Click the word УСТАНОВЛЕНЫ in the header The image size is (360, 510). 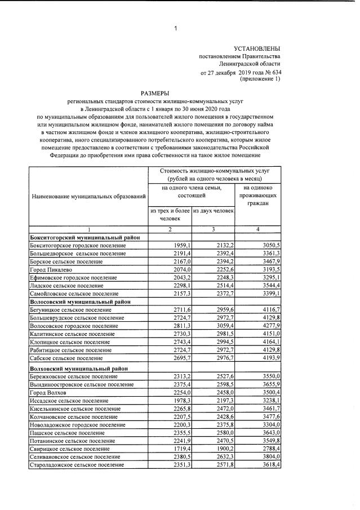[x=256, y=49]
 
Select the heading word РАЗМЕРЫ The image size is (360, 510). [x=154, y=93]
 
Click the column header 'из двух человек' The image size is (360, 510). [x=213, y=211]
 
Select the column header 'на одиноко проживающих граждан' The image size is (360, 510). [x=257, y=194]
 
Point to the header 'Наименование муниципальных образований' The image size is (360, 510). [x=89, y=197]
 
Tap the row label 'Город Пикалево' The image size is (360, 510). [x=50, y=270]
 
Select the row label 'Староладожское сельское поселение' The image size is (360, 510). [x=77, y=465]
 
